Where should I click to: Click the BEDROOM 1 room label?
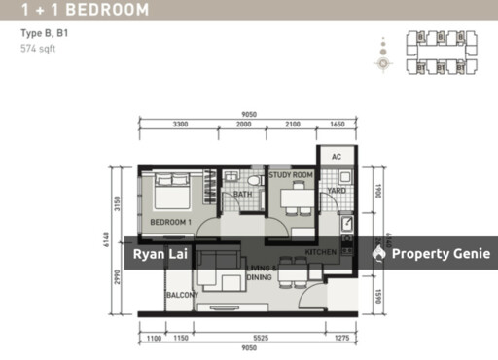[x=170, y=222]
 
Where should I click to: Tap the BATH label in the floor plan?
[x=243, y=195]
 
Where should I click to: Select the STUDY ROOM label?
[x=291, y=175]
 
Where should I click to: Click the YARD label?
[x=337, y=191]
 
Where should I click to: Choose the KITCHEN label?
[x=322, y=252]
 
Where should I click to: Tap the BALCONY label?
[x=183, y=295]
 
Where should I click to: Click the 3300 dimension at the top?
[x=180, y=126]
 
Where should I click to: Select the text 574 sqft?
[x=38, y=49]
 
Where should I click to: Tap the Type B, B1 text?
[x=44, y=33]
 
